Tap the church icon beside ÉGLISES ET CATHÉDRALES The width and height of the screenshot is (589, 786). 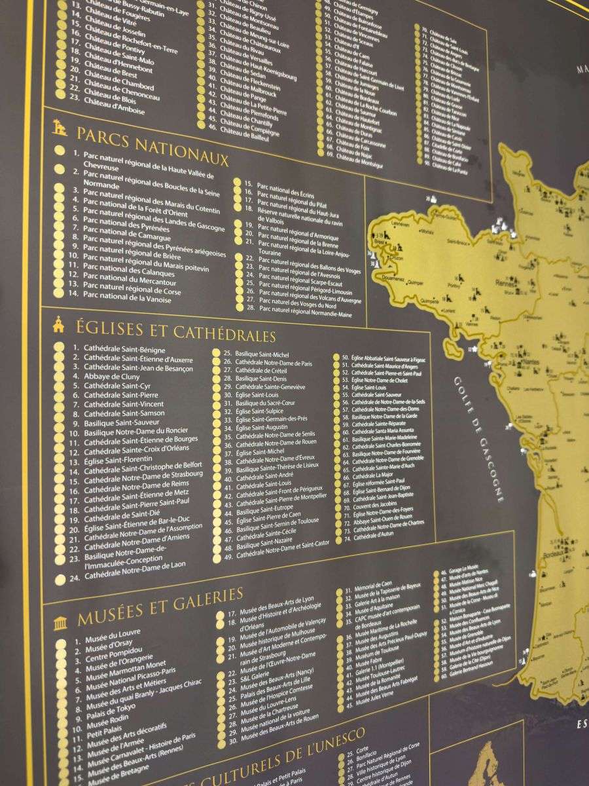click(x=59, y=324)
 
